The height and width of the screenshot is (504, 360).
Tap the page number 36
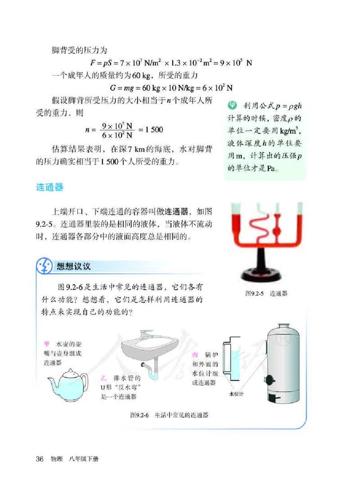40,459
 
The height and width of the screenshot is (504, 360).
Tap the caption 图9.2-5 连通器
266,293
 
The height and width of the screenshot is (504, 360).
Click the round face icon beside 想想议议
44,266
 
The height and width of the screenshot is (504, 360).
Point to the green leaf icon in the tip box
232,107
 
